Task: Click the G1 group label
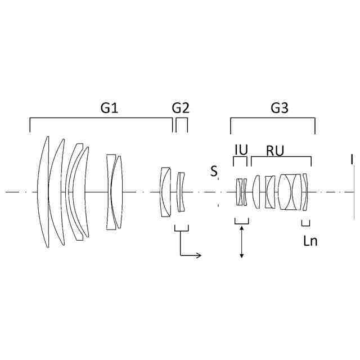109,107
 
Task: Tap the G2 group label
181,107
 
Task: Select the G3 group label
280,107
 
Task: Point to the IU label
241,150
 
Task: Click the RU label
275,151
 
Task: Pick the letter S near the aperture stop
214,171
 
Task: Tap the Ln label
310,241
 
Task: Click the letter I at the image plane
352,160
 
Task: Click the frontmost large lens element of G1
43,192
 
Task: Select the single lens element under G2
181,192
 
